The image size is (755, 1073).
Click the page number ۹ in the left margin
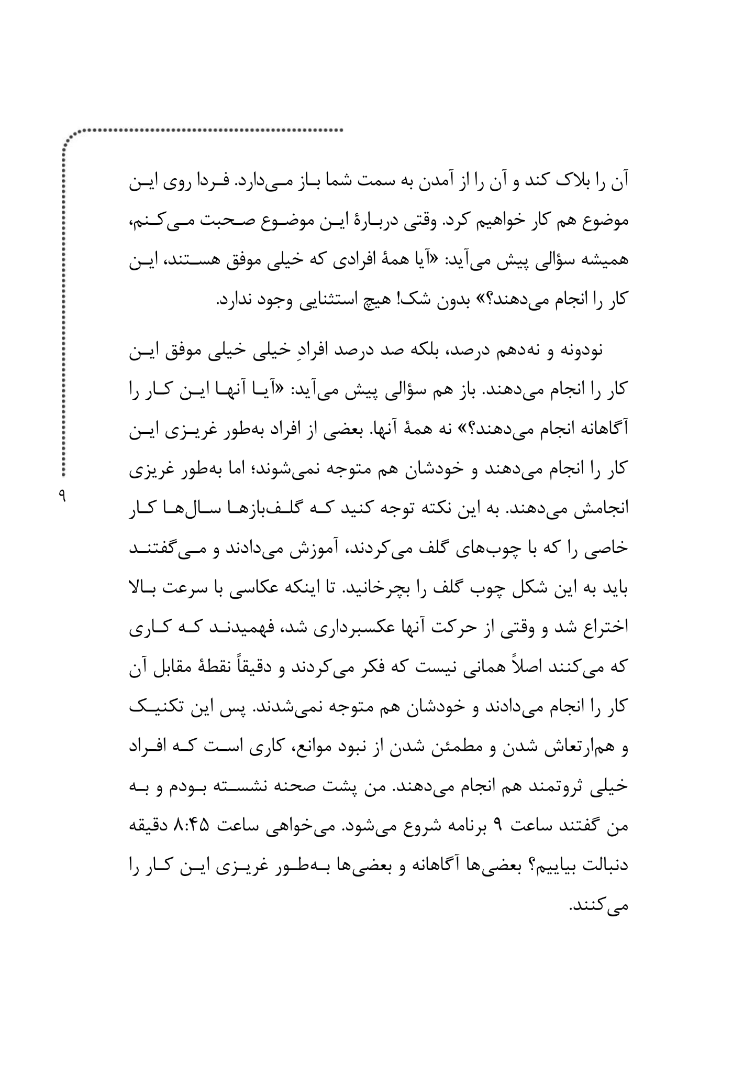coord(62,495)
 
